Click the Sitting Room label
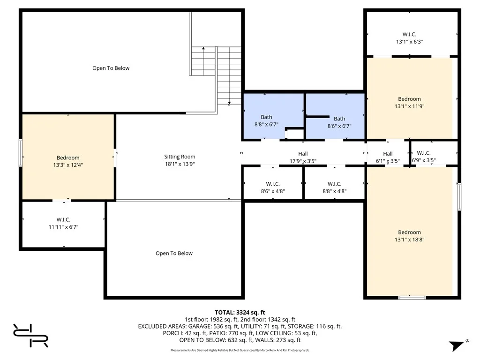coord(180,157)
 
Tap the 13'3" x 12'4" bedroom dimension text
coord(68,165)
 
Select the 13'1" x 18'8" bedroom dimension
coord(409,240)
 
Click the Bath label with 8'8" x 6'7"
coord(266,117)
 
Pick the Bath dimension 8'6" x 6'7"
coord(339,126)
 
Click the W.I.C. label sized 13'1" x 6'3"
coord(409,34)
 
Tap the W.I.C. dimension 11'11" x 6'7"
coord(63,227)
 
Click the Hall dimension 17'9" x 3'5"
coord(303,161)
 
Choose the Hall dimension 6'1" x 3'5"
coord(387,161)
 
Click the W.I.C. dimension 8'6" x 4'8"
coord(272,191)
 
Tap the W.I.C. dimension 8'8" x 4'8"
coord(334,191)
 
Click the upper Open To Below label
coord(111,68)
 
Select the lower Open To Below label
coord(174,253)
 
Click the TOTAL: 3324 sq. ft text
coord(240,312)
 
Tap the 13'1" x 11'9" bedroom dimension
coord(409,106)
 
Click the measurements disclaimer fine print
coord(240,350)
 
